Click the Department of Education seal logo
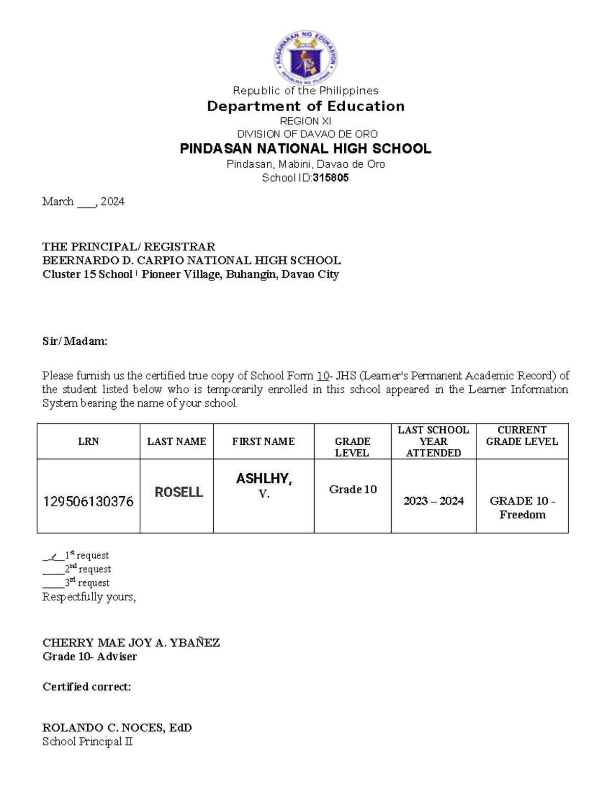tap(305, 58)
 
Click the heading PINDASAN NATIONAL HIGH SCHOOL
tap(305, 149)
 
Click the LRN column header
tap(88, 442)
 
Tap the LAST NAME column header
tap(176, 442)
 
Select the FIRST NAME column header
tap(263, 442)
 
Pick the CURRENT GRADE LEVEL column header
tap(522, 436)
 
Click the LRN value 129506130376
tap(88, 502)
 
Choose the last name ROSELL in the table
tap(178, 492)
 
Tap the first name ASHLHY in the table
tap(263, 479)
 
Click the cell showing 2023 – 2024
tap(433, 501)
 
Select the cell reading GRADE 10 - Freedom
tap(522, 508)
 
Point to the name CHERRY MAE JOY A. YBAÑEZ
tap(131, 643)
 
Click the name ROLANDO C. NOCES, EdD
tap(117, 728)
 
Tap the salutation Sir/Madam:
tap(74, 342)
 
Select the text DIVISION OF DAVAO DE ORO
tap(307, 134)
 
